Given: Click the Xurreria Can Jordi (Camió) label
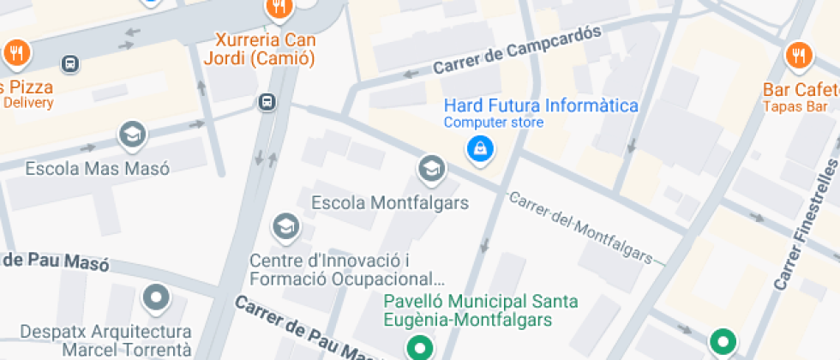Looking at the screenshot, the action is click(260, 50).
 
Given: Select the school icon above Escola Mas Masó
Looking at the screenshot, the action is click(132, 135).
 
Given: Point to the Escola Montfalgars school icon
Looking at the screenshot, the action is click(431, 169).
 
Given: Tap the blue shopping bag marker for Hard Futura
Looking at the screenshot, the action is click(479, 149).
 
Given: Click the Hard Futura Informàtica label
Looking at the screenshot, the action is click(541, 105).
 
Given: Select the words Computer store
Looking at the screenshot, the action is click(493, 123).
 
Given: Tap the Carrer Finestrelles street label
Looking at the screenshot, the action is click(807, 225).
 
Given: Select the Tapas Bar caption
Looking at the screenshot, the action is click(796, 106).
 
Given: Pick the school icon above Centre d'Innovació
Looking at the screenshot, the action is click(284, 227).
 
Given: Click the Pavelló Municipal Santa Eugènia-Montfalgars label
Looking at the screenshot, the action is click(480, 310).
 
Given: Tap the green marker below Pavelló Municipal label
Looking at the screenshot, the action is click(419, 347).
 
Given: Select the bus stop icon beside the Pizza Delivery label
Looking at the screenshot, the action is click(70, 63).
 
